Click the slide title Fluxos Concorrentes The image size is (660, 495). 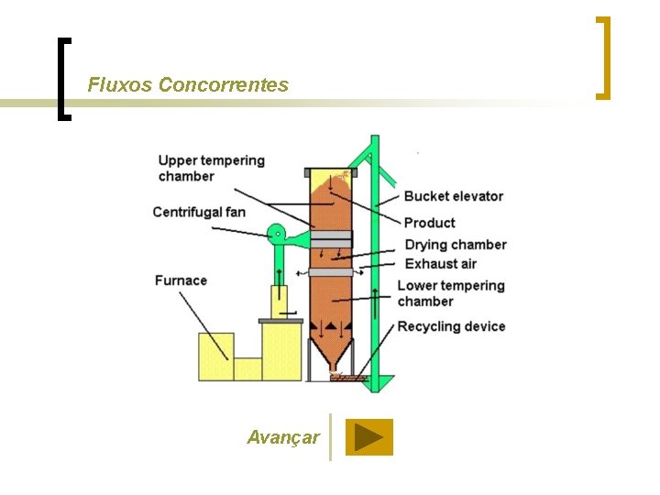point(188,85)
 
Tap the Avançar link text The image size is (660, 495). point(283,437)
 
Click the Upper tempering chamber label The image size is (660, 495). point(211,168)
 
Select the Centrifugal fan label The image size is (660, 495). point(199,213)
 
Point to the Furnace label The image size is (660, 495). point(181,280)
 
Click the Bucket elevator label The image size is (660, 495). point(453,195)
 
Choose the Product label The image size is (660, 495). point(429,222)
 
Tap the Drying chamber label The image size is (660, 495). point(455,244)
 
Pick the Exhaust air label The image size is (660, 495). point(441,264)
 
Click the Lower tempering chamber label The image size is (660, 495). point(451,293)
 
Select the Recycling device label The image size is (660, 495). point(451,326)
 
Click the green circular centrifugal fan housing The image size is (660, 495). point(277,235)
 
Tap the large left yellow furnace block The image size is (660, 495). point(216,357)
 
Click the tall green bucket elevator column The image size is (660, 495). point(375,266)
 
